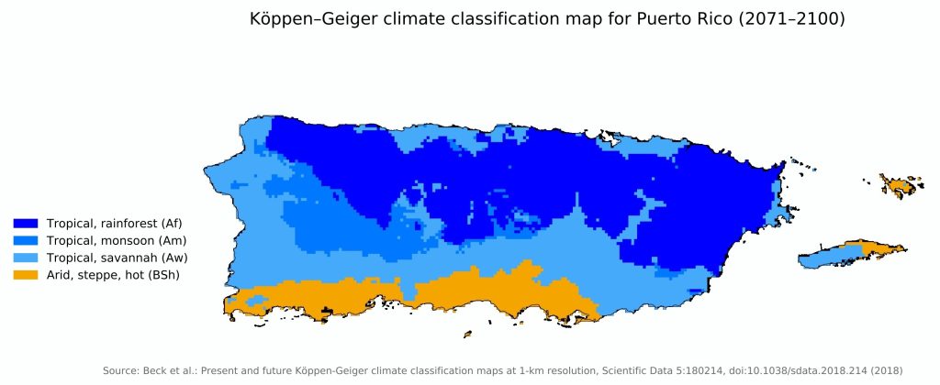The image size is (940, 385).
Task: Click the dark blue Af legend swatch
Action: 26,223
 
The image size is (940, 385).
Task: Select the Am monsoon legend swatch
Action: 26,240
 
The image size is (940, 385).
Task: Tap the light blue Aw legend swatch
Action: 26,257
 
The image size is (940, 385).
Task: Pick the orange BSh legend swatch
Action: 26,274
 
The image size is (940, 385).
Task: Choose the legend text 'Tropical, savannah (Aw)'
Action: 110,257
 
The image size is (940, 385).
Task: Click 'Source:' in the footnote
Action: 120,370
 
